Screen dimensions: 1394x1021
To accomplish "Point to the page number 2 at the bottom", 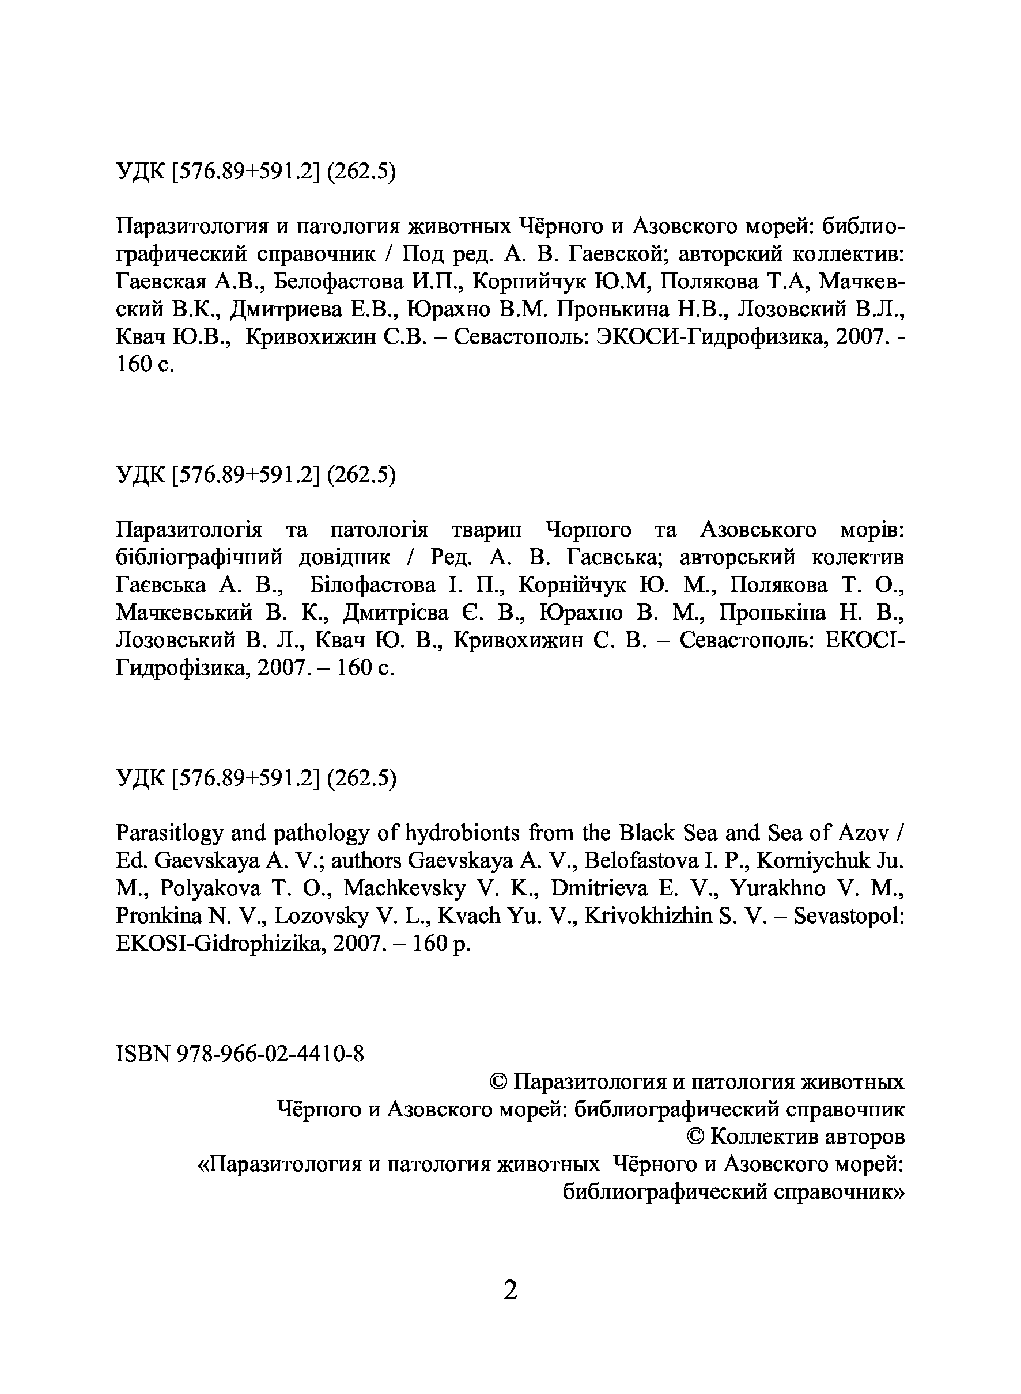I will tap(510, 1290).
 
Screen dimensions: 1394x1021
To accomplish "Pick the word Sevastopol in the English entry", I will tap(849, 917).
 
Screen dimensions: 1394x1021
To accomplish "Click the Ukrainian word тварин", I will tap(486, 530).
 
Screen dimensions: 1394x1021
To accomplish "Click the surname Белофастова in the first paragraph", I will tap(338, 282).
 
